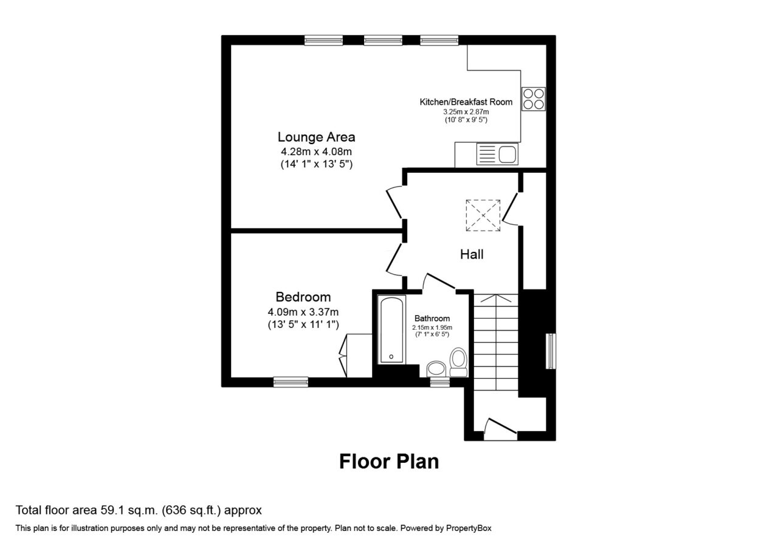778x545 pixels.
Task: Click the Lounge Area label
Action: point(316,137)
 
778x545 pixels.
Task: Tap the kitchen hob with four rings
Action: point(534,99)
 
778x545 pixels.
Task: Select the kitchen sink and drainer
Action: point(497,154)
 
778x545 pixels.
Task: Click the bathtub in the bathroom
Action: point(392,330)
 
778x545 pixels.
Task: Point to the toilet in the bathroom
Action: point(458,362)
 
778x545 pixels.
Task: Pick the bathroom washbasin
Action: point(436,369)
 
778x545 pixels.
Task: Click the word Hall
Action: point(472,254)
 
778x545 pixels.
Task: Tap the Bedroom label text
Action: point(303,297)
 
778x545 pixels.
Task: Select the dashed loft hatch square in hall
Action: point(483,215)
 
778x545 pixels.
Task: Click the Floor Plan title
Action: point(389,462)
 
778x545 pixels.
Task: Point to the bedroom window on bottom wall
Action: point(291,382)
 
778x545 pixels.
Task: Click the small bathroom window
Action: point(439,382)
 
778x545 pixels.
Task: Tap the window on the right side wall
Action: point(551,351)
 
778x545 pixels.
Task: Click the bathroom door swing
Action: point(439,281)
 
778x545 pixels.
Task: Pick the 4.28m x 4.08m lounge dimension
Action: point(316,151)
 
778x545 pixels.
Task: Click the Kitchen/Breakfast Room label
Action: point(466,102)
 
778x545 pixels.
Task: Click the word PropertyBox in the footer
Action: point(469,529)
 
